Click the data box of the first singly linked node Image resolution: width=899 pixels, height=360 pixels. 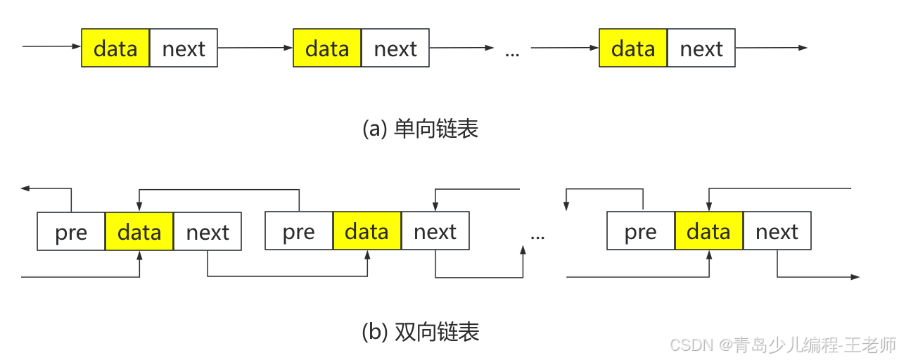click(115, 48)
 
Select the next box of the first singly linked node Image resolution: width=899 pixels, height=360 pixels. click(184, 48)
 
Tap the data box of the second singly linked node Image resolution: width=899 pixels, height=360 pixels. click(327, 48)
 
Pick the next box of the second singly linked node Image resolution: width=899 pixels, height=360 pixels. click(395, 48)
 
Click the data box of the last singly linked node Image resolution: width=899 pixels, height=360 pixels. click(633, 48)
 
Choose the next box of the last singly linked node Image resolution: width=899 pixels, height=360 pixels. click(701, 48)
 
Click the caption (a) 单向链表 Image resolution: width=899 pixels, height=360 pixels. click(420, 129)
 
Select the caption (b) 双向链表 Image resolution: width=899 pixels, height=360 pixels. click(420, 331)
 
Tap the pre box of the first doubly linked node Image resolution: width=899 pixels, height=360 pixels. click(71, 232)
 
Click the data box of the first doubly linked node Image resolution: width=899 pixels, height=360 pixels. click(139, 232)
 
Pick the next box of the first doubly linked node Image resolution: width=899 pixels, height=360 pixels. click(208, 232)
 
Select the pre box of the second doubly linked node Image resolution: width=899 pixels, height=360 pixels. click(299, 231)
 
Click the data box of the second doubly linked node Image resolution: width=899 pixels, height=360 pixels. click(367, 231)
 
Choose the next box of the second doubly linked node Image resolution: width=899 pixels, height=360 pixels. click(435, 231)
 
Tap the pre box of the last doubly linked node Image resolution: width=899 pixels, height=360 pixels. click(640, 231)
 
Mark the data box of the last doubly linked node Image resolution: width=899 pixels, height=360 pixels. click(708, 231)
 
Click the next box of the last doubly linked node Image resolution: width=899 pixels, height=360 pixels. click(777, 231)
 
